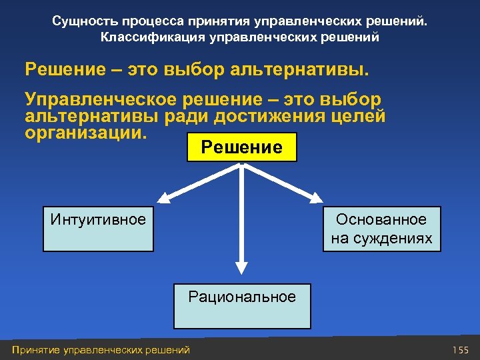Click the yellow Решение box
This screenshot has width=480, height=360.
pyautogui.click(x=242, y=147)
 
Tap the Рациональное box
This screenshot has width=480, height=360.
pyautogui.click(x=242, y=306)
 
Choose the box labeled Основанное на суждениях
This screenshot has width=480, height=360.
pyautogui.click(x=381, y=229)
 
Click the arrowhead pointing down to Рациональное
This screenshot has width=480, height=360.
pyautogui.click(x=242, y=267)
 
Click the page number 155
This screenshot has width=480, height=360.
pyautogui.click(x=460, y=350)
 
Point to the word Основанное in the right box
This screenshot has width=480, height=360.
pyautogui.click(x=381, y=219)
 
